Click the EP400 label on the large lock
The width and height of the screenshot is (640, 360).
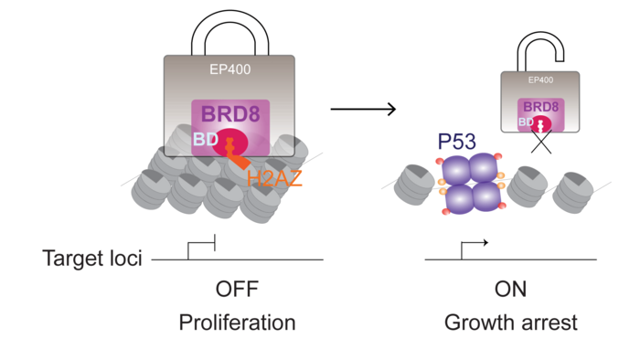pyautogui.click(x=229, y=68)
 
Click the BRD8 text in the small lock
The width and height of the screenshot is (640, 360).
pyautogui.click(x=540, y=107)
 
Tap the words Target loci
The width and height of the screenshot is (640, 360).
pyautogui.click(x=92, y=259)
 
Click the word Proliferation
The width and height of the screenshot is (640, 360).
pyautogui.click(x=237, y=323)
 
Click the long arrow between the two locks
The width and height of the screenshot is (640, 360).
pyautogui.click(x=363, y=110)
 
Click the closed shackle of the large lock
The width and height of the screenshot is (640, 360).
pyautogui.click(x=229, y=32)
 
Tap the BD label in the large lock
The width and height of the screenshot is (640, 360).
pyautogui.click(x=203, y=140)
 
